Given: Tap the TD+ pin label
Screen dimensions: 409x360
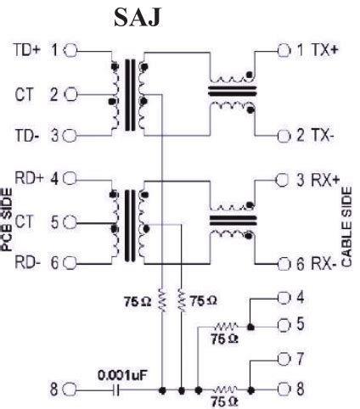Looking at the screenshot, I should coord(24,50).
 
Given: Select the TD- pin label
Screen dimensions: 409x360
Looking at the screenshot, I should coord(24,135).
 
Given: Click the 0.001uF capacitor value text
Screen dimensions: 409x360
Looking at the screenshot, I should coord(117,373).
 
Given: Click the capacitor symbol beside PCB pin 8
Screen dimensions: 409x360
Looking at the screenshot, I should coord(117,391).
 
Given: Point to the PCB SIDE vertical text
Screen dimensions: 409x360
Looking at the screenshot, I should coord(8,223).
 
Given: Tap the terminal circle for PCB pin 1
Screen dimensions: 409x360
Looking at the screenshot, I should coord(69,50).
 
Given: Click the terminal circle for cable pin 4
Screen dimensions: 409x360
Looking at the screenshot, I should coord(284,298).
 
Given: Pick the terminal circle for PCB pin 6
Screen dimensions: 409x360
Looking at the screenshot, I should coord(69,264).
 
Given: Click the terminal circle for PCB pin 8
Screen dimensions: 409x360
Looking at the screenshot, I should coord(69,391).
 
